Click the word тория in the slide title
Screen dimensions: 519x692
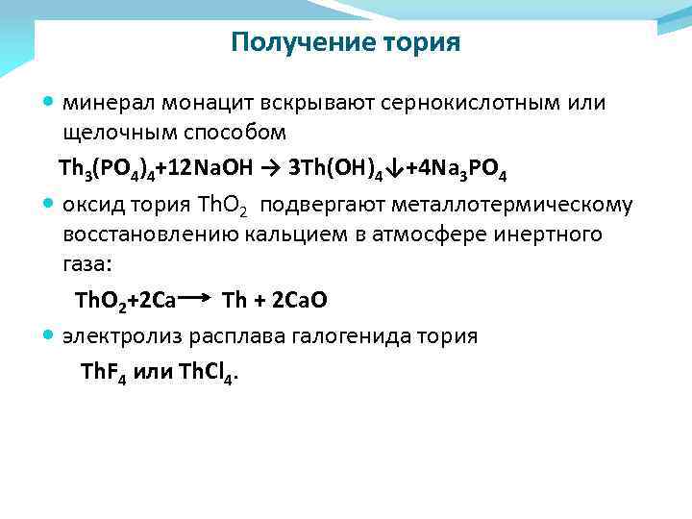tap(423, 43)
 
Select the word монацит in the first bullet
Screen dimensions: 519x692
tap(188, 103)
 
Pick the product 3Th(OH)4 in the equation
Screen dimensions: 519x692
tap(331, 170)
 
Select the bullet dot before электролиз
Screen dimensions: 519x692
tap(50, 336)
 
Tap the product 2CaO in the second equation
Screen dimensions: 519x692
tap(300, 301)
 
